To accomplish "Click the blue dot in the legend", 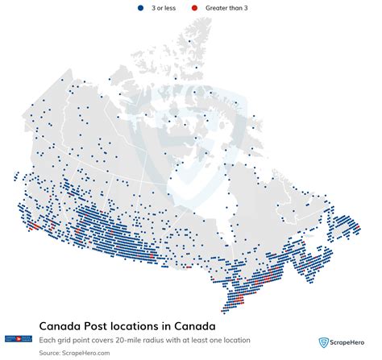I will tap(142, 7).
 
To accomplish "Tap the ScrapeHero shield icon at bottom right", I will tap(324, 341).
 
